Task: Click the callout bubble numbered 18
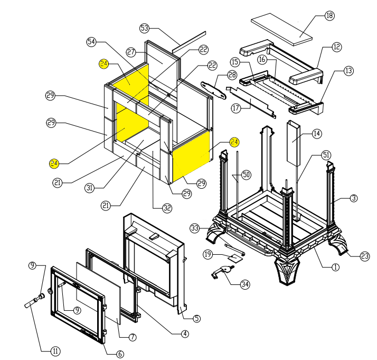(x=329, y=15)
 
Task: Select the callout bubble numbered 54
(x=92, y=41)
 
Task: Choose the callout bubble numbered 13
(x=348, y=70)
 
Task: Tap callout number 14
(x=316, y=134)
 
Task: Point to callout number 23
(x=364, y=256)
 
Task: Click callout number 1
(x=335, y=267)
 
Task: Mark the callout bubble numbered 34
(x=244, y=285)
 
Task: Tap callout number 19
(x=208, y=255)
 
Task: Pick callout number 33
(x=195, y=228)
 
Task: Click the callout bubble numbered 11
(x=55, y=350)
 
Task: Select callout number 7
(x=133, y=337)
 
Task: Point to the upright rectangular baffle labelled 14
(x=293, y=142)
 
